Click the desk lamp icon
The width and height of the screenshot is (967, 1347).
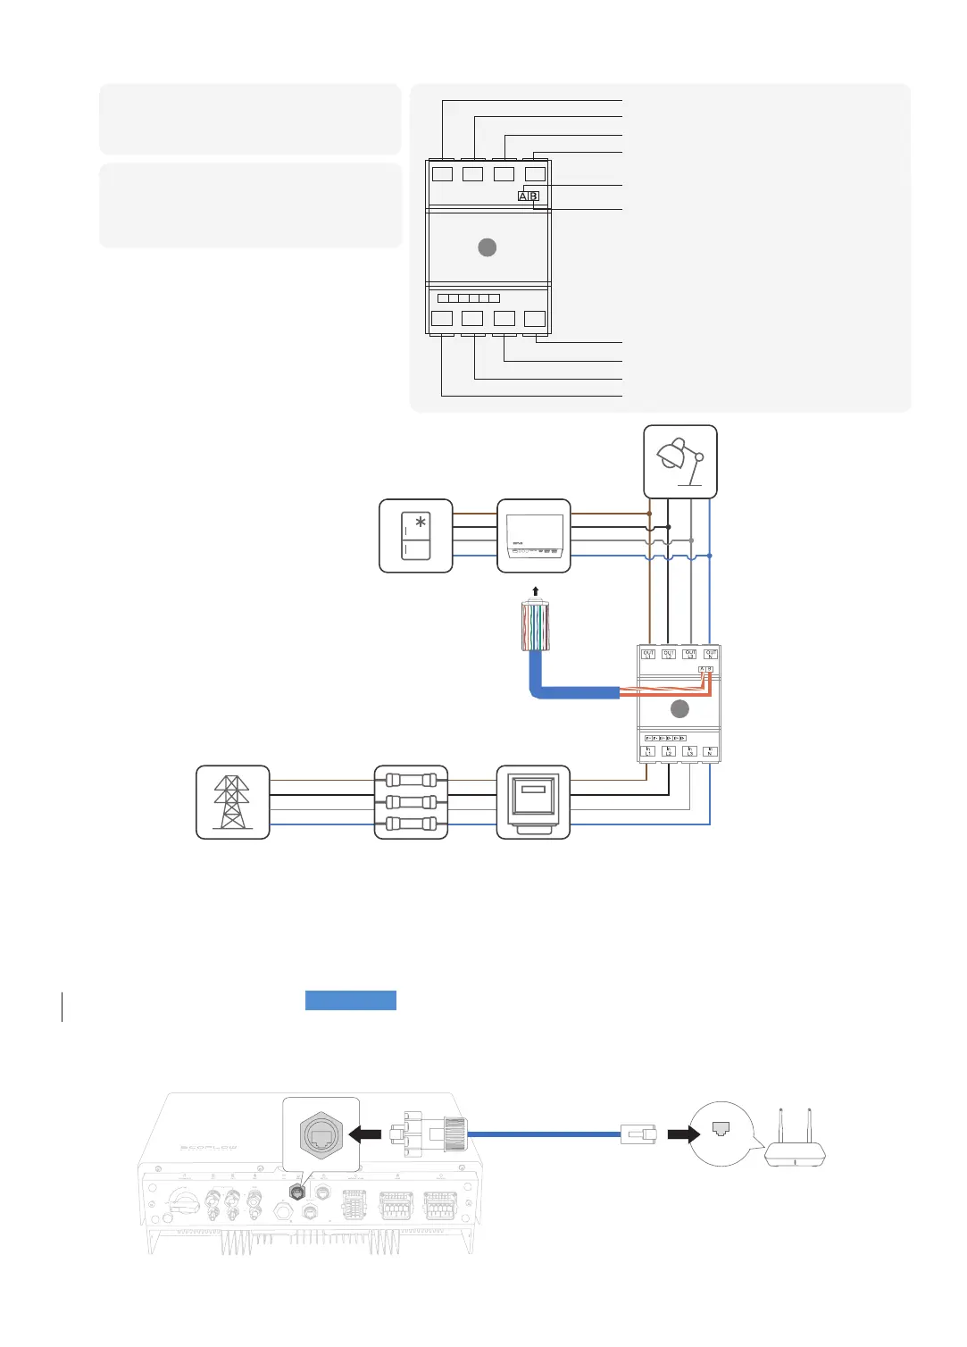click(x=680, y=461)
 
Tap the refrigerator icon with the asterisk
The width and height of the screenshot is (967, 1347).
click(x=416, y=536)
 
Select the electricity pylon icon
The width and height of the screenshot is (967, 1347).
click(x=232, y=802)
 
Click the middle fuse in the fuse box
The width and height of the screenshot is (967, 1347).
click(x=411, y=802)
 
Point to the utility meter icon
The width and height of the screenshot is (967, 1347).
click(x=533, y=802)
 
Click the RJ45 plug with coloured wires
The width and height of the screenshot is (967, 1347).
click(x=535, y=626)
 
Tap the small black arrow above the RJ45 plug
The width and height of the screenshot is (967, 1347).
click(x=535, y=591)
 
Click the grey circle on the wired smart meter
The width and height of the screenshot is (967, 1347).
click(x=679, y=709)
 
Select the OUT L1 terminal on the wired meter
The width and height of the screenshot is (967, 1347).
click(x=648, y=655)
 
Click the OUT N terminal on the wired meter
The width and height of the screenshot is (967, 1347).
click(x=711, y=655)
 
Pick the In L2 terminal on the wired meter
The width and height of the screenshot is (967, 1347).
click(x=669, y=752)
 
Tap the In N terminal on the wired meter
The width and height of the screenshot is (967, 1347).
click(x=711, y=752)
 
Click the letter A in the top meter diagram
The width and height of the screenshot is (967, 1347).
click(x=523, y=197)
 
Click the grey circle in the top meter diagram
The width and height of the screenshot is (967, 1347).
click(x=488, y=247)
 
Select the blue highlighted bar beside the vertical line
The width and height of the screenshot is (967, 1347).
click(x=351, y=1000)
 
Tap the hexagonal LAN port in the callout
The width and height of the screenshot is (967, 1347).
click(x=321, y=1134)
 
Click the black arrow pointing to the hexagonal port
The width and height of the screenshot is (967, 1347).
click(x=365, y=1134)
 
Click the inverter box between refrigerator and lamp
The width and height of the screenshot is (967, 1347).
click(x=533, y=536)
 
